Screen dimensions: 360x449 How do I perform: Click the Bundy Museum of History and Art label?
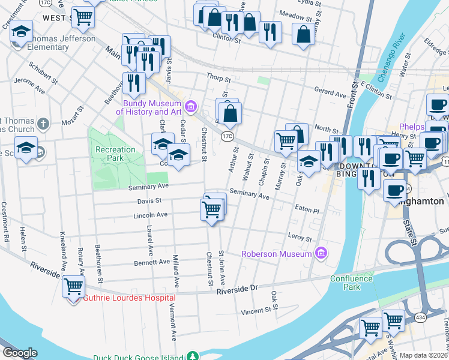pyautogui.click(x=150, y=107)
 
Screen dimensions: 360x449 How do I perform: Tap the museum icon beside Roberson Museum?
pyautogui.click(x=322, y=253)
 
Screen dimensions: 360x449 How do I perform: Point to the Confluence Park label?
pyautogui.click(x=352, y=283)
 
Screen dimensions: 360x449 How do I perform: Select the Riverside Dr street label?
pyautogui.click(x=237, y=288)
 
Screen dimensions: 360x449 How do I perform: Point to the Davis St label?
pyautogui.click(x=133, y=201)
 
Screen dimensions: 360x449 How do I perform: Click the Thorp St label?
pyautogui.click(x=218, y=79)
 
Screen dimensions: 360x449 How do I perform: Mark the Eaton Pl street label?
pyautogui.click(x=307, y=211)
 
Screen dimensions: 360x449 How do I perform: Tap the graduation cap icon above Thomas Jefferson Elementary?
pyautogui.click(x=21, y=31)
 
